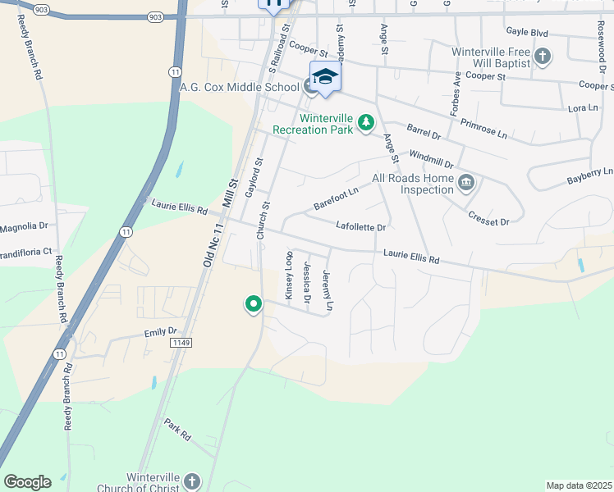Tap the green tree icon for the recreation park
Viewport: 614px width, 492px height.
(x=365, y=124)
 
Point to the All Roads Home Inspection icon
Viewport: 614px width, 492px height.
(x=466, y=182)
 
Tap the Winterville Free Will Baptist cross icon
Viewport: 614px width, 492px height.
(x=542, y=57)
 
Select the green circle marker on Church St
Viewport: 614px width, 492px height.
(x=254, y=305)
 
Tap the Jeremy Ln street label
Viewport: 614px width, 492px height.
(x=328, y=290)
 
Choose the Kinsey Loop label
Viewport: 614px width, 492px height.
(x=288, y=276)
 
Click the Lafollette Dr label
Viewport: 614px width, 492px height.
(x=361, y=225)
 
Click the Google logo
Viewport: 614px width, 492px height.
(x=27, y=482)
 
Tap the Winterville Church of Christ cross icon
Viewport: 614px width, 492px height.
(x=191, y=481)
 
